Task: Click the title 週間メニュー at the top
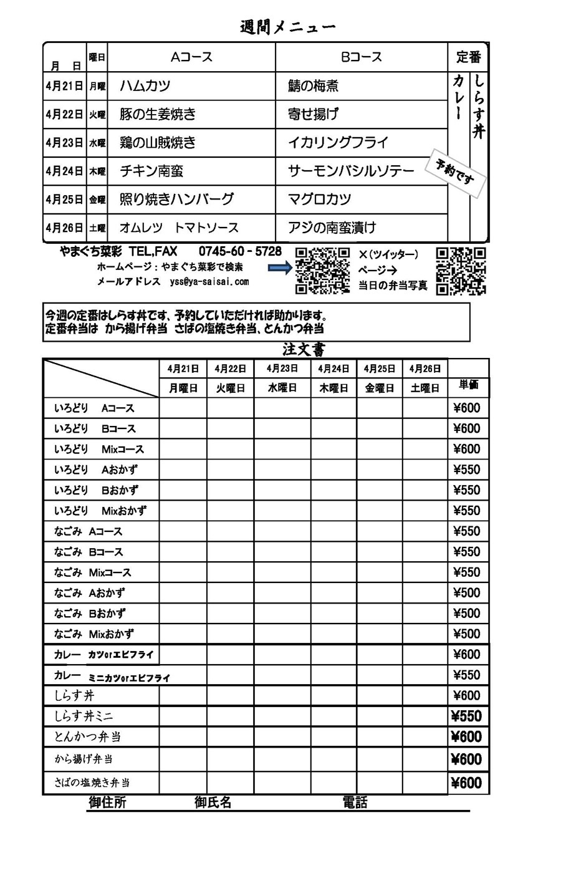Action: click(287, 27)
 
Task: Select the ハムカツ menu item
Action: click(145, 86)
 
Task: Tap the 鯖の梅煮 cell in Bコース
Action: click(314, 86)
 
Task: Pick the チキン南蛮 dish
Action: click(151, 171)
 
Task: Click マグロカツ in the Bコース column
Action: click(319, 200)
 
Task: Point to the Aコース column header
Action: click(191, 57)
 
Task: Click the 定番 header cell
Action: click(468, 57)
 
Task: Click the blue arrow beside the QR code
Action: click(279, 268)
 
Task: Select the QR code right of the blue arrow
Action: click(322, 270)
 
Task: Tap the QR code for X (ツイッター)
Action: click(461, 270)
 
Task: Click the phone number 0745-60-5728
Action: click(240, 252)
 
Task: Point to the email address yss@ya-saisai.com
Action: click(209, 282)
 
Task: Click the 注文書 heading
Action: click(304, 349)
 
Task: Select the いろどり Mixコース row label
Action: click(99, 449)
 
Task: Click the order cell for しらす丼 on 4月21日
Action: click(183, 695)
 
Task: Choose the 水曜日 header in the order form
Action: click(282, 388)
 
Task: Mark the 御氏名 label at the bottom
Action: click(213, 803)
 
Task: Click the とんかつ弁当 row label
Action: click(87, 736)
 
